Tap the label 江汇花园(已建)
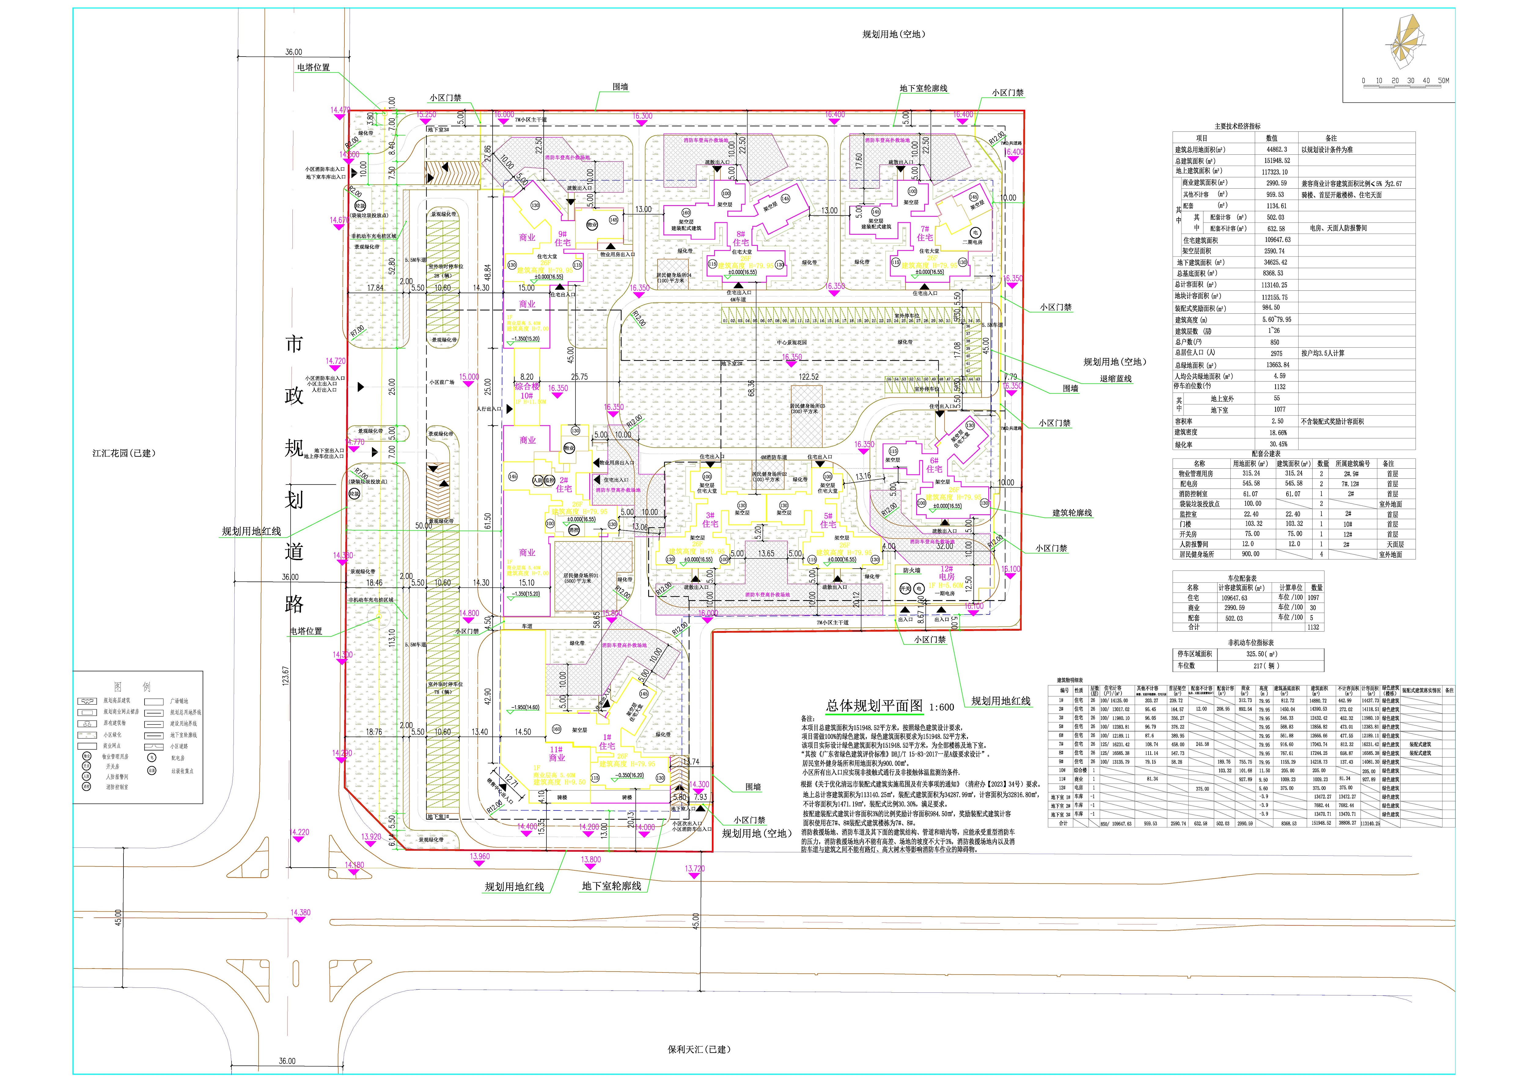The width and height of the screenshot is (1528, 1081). tap(124, 453)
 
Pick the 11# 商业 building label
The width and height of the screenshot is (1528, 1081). tap(556, 753)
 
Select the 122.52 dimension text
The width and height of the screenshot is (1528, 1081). tap(809, 377)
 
